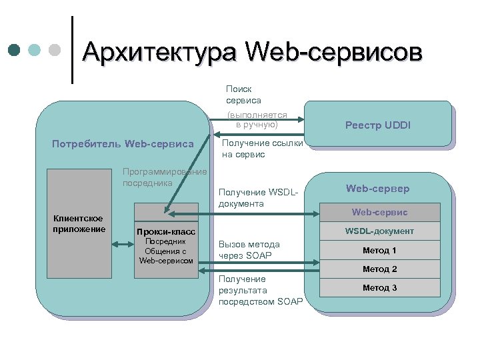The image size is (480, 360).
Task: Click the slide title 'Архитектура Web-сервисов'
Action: [252, 52]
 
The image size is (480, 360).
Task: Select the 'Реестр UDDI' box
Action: [377, 125]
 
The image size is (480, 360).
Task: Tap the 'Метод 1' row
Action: [379, 250]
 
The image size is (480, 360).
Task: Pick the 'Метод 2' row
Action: [379, 269]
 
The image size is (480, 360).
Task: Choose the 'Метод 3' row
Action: [379, 287]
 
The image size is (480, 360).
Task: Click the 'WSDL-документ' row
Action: [379, 231]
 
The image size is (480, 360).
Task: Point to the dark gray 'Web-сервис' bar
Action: [379, 212]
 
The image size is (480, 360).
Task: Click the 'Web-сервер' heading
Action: [377, 189]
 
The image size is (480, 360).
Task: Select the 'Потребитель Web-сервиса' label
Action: [123, 143]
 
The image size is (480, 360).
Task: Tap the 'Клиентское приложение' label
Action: [79, 224]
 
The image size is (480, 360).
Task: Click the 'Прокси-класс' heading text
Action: [165, 231]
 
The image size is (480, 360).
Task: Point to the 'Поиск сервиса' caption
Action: [243, 95]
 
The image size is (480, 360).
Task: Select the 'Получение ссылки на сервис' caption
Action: [262, 149]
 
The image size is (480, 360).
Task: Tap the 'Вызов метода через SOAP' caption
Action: [249, 250]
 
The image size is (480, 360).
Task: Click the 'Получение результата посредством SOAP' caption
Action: [260, 290]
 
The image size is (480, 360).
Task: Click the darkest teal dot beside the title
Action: [15, 50]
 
